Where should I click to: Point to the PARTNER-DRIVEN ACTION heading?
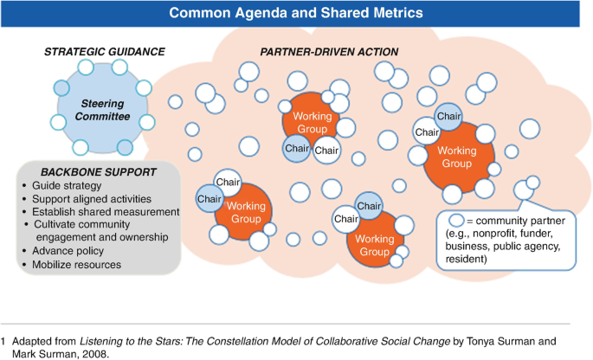[329, 52]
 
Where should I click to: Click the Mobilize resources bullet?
[80, 264]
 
